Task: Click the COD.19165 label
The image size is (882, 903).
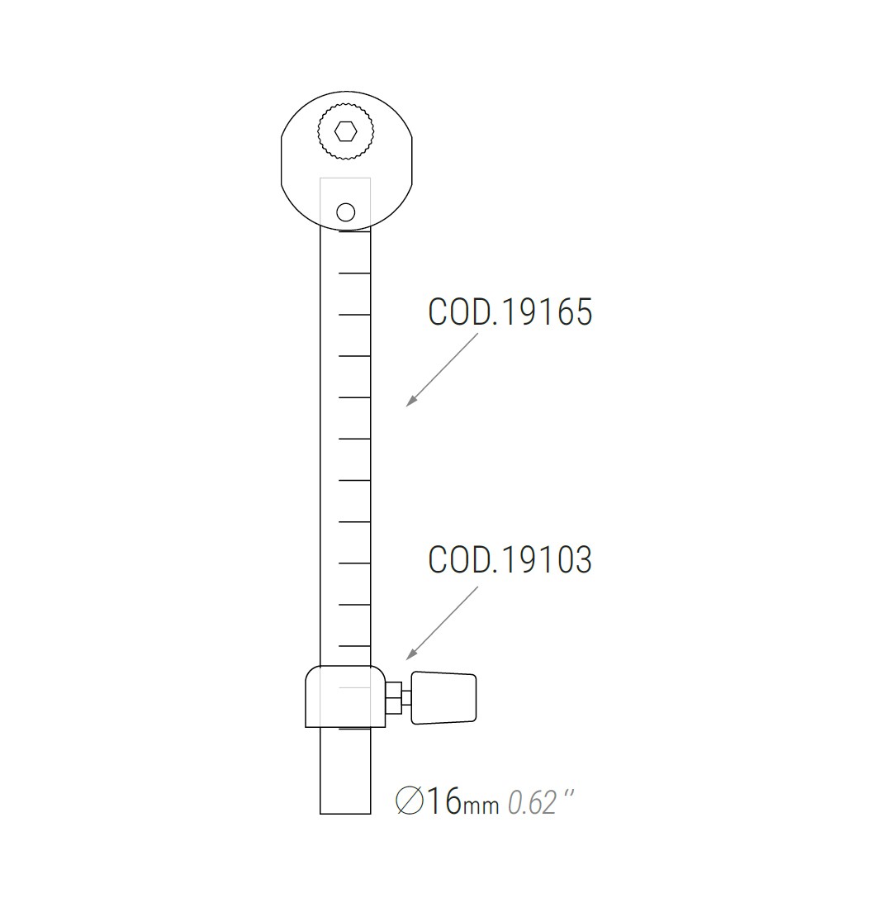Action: point(510,312)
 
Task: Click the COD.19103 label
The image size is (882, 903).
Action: point(510,560)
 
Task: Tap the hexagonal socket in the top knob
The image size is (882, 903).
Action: point(345,131)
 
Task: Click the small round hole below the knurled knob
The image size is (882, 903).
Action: point(346,212)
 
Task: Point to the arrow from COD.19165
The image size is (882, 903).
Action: point(441,369)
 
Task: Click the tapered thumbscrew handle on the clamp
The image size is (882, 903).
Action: point(444,698)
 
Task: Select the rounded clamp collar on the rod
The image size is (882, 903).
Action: point(344,696)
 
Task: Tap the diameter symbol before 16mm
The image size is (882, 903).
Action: point(410,801)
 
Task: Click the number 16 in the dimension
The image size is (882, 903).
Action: point(444,801)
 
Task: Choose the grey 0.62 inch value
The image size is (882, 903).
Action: point(532,802)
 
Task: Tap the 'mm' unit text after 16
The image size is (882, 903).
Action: point(481,806)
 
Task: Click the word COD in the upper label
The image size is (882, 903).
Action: point(458,312)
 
